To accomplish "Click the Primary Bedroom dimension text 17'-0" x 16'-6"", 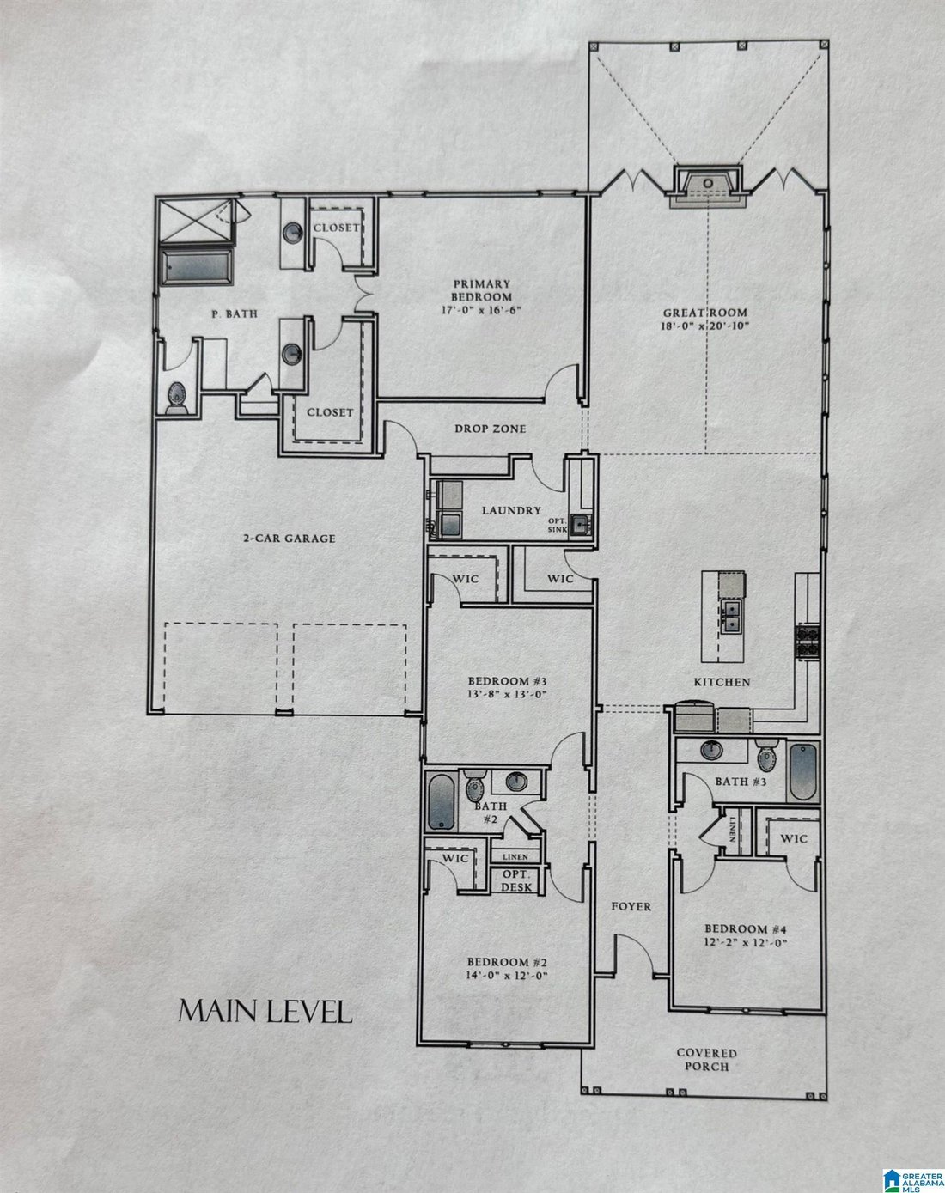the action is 481,309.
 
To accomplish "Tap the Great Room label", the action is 704,313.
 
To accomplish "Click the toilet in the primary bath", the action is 176,398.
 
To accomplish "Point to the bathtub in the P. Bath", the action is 197,267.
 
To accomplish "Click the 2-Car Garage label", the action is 290,539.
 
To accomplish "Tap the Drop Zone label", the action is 491,429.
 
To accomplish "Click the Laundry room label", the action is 511,510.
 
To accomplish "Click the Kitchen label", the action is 722,683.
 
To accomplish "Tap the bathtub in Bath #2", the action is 441,802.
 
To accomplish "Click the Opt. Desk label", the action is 516,880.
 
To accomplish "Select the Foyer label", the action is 631,906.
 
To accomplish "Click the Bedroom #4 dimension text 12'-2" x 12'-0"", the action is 746,942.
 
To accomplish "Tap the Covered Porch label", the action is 706,1059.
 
